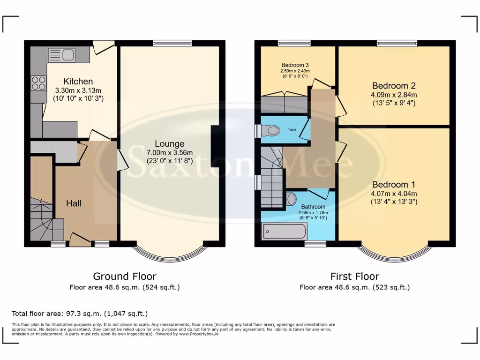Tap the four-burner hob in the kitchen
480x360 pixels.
[38, 83]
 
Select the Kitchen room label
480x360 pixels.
[78, 82]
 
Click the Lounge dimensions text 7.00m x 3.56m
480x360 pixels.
[169, 152]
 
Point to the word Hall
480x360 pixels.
[74, 203]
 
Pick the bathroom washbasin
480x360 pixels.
[291, 199]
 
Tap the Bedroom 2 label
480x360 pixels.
[394, 86]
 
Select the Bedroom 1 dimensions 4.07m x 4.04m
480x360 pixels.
[394, 193]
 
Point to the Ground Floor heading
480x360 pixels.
[125, 277]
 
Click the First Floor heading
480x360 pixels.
[354, 277]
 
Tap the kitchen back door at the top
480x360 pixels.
[103, 46]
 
